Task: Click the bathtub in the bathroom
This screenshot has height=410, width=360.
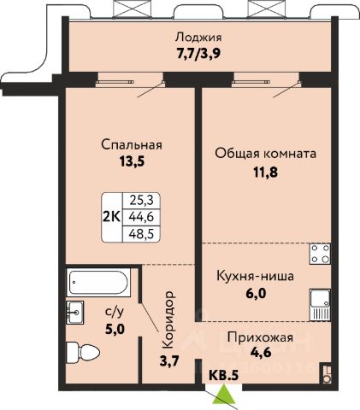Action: tap(98, 282)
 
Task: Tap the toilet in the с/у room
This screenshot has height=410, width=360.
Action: tap(83, 353)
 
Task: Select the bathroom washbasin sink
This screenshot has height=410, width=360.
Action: tap(75, 313)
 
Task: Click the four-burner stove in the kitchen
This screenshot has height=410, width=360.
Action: tap(321, 254)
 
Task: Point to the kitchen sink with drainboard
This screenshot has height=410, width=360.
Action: tap(321, 305)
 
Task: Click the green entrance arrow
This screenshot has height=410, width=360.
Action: tap(225, 394)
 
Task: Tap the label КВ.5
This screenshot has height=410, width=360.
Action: tap(224, 375)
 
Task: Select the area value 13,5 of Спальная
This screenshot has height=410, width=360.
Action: tap(132, 161)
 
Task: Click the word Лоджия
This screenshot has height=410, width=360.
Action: tap(198, 38)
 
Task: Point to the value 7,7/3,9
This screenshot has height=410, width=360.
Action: tap(198, 53)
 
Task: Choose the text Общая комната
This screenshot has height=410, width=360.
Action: tap(266, 153)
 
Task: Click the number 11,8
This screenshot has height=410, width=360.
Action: tap(266, 172)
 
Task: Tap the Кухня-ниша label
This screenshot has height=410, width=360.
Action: tap(255, 276)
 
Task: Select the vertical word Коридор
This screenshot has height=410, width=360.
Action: tap(168, 319)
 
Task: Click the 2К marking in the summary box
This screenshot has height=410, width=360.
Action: tap(112, 217)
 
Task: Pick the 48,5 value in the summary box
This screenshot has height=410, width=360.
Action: tap(141, 234)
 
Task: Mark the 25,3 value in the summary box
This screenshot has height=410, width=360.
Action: tap(141, 201)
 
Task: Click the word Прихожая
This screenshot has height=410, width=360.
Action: tap(260, 337)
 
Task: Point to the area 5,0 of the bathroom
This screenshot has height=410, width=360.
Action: tap(115, 330)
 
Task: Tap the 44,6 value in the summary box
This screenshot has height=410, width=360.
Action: tap(141, 217)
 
